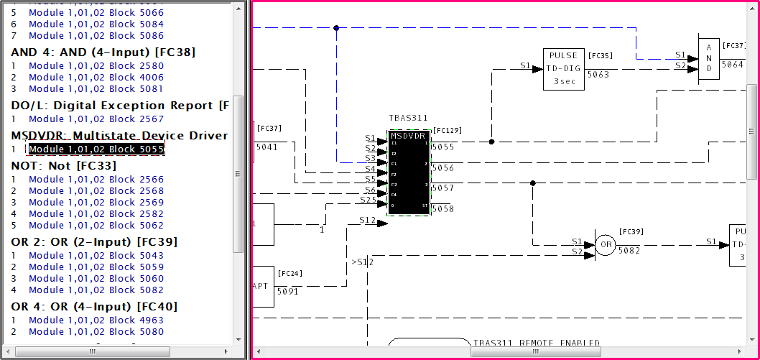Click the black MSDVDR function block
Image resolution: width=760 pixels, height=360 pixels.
pos(409,172)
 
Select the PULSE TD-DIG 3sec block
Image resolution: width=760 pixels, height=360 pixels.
pos(564,69)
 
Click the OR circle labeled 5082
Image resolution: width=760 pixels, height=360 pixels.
pos(606,244)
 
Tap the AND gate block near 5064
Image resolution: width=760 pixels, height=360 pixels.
pos(708,58)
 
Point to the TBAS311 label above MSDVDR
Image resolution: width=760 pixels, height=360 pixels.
pos(408,118)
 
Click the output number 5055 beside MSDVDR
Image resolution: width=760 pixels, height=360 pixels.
pos(442,147)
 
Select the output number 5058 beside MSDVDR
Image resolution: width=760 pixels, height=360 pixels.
pos(442,208)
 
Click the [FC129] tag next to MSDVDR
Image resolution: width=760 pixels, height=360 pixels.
pos(448,131)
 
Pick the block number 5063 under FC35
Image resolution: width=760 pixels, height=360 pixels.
pos(598,74)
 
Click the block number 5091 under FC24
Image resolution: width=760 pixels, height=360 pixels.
pos(289,291)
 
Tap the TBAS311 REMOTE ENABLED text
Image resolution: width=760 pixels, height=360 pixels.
pos(536,343)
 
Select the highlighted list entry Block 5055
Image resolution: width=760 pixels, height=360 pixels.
pos(96,149)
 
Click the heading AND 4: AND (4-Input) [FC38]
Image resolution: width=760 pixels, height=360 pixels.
pos(103,52)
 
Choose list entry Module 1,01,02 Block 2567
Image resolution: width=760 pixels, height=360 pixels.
pos(96,119)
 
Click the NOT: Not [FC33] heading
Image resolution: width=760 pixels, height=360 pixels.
pos(64,165)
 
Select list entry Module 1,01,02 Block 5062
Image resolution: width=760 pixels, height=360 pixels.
pos(96,226)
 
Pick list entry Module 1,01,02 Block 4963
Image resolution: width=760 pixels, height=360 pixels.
pos(96,320)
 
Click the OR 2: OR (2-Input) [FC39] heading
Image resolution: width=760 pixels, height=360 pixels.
pos(94,241)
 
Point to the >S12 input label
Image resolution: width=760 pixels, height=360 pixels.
pos(363,262)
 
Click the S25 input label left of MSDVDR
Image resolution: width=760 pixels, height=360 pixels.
pos(368,199)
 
